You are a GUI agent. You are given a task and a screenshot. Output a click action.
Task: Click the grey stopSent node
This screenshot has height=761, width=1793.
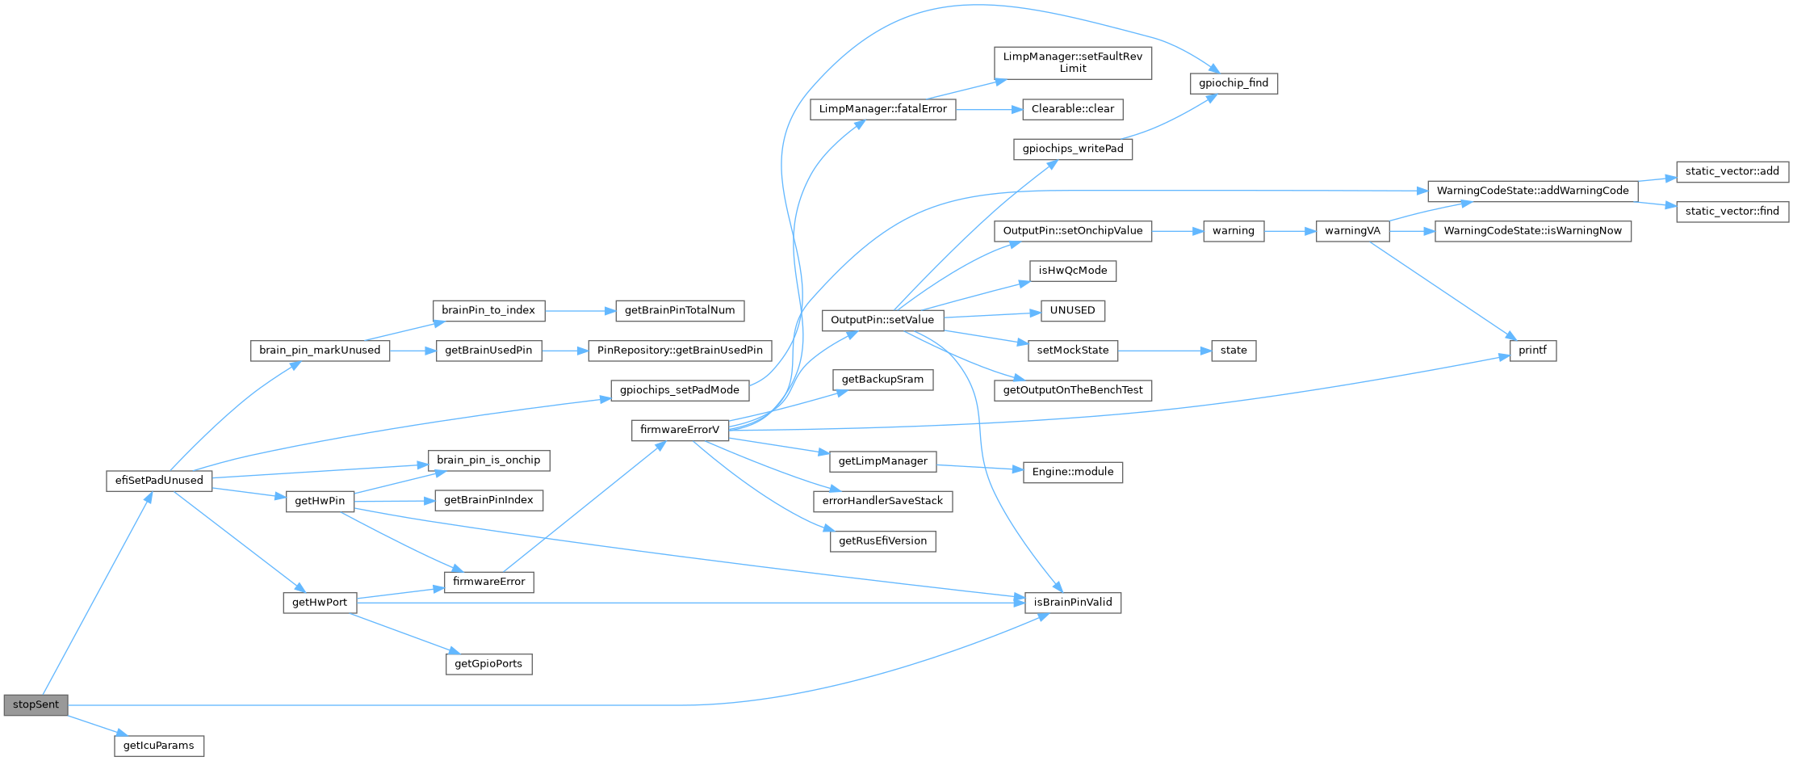[x=36, y=704]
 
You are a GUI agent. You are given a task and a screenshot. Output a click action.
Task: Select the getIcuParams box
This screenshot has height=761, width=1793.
[x=159, y=746]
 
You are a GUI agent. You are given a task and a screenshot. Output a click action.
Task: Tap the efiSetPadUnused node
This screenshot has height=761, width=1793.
[x=159, y=481]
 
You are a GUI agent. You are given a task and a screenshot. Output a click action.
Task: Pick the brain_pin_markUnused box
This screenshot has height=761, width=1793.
[x=320, y=351]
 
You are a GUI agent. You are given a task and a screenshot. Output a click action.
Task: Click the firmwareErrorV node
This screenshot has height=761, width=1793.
[x=679, y=430]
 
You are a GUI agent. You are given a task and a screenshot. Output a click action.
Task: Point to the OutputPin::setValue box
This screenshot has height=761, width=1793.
[x=882, y=320]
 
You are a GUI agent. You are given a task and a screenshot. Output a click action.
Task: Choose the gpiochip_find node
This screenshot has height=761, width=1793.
[x=1234, y=83]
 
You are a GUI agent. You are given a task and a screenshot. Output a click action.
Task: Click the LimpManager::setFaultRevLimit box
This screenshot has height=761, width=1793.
[x=1072, y=62]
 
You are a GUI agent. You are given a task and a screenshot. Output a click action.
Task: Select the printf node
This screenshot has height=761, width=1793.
[x=1532, y=351]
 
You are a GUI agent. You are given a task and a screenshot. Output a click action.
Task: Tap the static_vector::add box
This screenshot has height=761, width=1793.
[x=1732, y=171]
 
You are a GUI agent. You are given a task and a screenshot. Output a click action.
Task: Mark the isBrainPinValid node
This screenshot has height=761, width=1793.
[x=1072, y=603]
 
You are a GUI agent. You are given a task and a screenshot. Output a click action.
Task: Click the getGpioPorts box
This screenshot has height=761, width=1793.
[x=488, y=664]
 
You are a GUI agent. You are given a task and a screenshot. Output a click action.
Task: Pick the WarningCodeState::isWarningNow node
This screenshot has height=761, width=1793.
[x=1532, y=231]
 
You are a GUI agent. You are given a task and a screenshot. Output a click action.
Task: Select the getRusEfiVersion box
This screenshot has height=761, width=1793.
[x=882, y=541]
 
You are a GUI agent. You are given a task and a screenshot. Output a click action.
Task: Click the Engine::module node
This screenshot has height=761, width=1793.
[x=1072, y=472]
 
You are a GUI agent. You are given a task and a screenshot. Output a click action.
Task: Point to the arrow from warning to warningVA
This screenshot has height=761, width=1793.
[x=1289, y=231]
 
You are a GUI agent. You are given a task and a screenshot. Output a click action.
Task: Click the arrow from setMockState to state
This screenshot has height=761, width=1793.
[x=1164, y=351]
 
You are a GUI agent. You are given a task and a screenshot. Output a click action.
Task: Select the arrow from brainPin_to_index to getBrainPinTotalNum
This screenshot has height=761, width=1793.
[x=580, y=310]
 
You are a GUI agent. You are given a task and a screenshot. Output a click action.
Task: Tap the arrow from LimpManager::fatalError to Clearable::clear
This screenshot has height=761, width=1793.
[x=989, y=109]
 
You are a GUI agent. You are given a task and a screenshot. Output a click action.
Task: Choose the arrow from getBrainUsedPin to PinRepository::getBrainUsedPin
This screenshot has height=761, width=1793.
[x=564, y=351]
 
